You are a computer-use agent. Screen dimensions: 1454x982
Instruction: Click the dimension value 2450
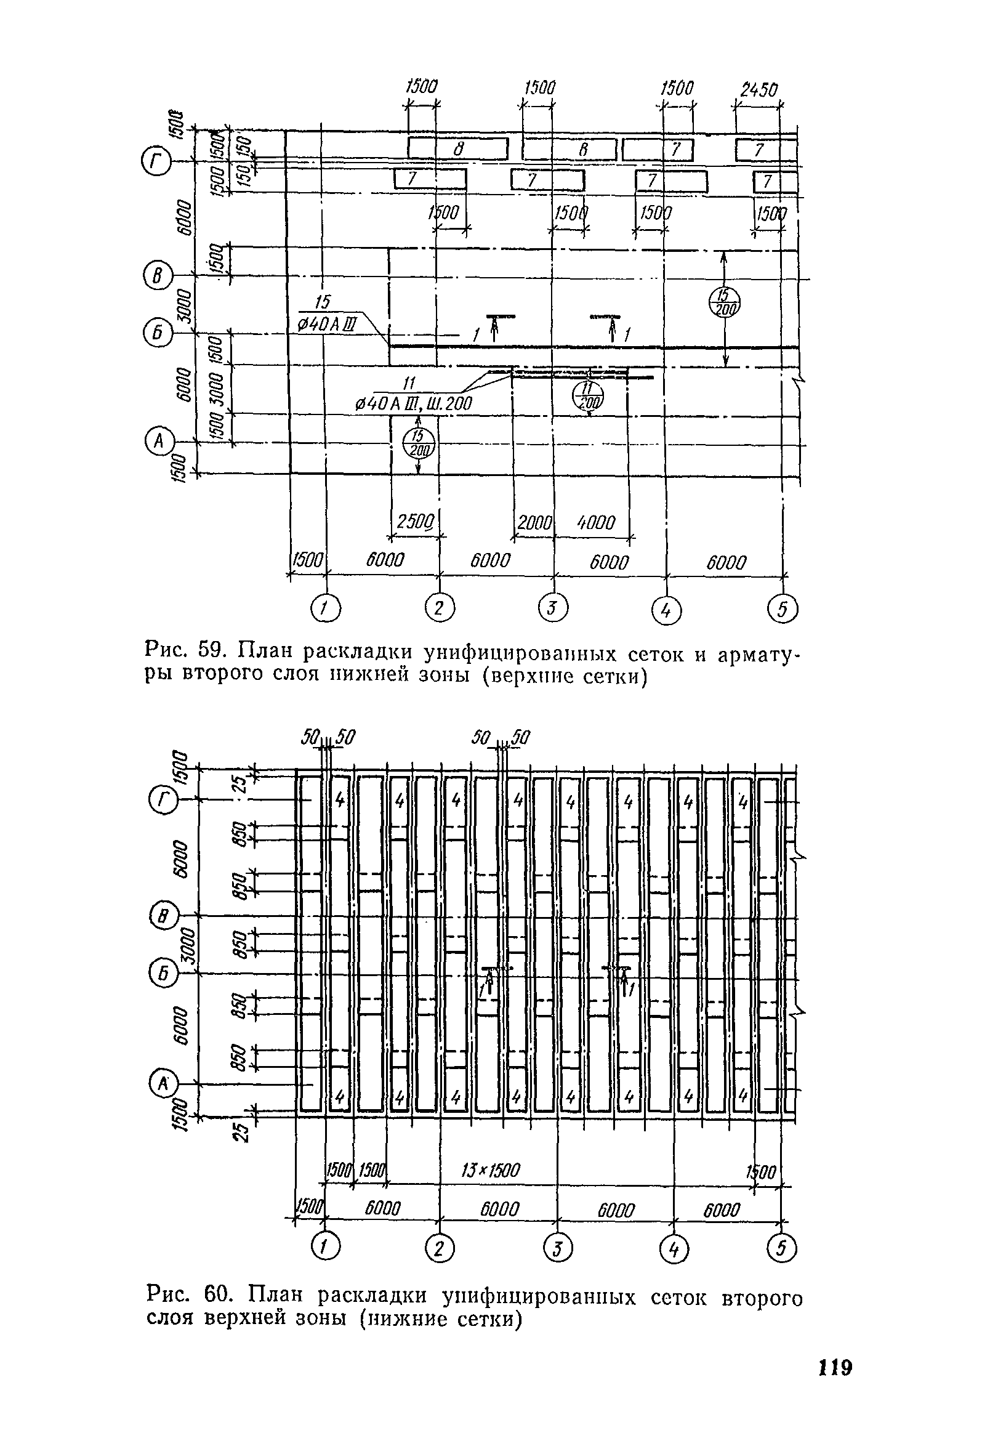(758, 90)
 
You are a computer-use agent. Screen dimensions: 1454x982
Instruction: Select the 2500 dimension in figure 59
(416, 522)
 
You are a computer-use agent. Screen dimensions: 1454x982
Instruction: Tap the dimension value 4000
(595, 522)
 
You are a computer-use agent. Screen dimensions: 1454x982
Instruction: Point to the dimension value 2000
(534, 522)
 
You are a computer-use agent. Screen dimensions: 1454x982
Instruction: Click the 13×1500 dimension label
(489, 1169)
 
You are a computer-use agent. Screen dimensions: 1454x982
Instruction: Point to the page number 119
(835, 1367)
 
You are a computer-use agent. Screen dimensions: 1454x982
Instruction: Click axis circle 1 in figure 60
(324, 1249)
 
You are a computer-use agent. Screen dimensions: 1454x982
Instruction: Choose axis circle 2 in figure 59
(440, 607)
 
